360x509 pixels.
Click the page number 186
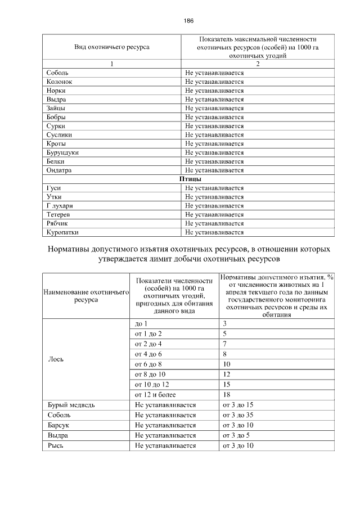tap(188, 21)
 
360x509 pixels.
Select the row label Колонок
tap(60, 82)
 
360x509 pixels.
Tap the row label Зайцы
tap(56, 108)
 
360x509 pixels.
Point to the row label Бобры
tap(57, 117)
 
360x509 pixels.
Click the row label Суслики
tap(60, 135)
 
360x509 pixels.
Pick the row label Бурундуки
tap(62, 152)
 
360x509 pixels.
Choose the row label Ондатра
tap(60, 170)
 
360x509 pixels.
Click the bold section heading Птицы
tap(190, 179)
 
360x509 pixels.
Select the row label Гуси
tap(54, 188)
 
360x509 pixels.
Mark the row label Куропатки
tap(62, 232)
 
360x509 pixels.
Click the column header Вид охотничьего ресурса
tap(112, 47)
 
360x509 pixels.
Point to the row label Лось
tap(56, 359)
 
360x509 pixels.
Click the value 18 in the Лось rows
tap(227, 395)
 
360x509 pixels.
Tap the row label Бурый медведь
tap(67, 405)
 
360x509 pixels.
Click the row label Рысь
tap(57, 445)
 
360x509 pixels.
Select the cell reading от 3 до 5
tap(236, 435)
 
